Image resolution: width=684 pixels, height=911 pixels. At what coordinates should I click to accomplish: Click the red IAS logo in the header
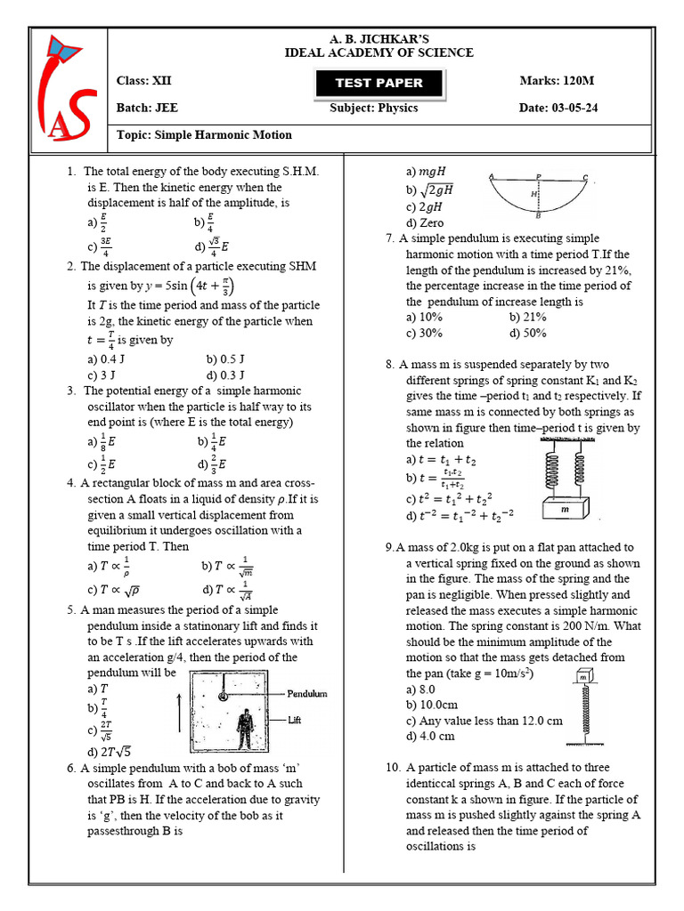tap(69, 86)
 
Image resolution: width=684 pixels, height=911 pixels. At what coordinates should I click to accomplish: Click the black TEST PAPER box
tap(379, 83)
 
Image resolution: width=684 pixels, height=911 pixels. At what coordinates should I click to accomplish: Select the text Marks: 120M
tap(557, 81)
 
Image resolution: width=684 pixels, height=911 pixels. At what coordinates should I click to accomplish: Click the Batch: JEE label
tap(147, 109)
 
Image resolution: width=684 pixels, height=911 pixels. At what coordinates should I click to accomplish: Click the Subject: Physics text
tap(373, 109)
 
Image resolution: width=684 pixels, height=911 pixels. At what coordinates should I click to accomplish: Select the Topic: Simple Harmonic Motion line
tap(204, 135)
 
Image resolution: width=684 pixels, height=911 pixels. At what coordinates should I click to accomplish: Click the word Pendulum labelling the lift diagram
tap(307, 693)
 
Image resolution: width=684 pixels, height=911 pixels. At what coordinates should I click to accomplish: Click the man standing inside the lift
tap(243, 728)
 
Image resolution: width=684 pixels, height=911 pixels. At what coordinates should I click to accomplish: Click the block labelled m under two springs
tap(564, 510)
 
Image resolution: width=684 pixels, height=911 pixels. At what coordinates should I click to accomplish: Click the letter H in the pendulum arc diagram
tap(533, 194)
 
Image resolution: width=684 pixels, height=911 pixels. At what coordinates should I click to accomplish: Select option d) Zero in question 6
tap(425, 222)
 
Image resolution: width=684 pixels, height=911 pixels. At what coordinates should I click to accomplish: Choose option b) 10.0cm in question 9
tap(430, 705)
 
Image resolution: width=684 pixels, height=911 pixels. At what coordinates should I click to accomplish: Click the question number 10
tap(393, 767)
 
